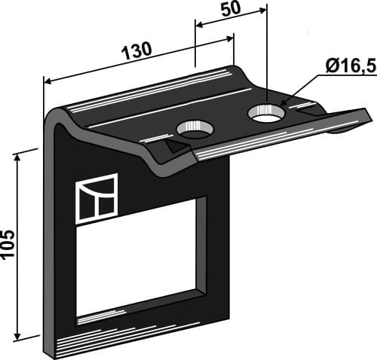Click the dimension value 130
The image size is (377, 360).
point(136,50)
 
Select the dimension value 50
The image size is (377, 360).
point(231,10)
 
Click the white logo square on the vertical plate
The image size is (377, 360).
point(97,197)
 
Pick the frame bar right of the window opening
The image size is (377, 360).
point(217,249)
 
